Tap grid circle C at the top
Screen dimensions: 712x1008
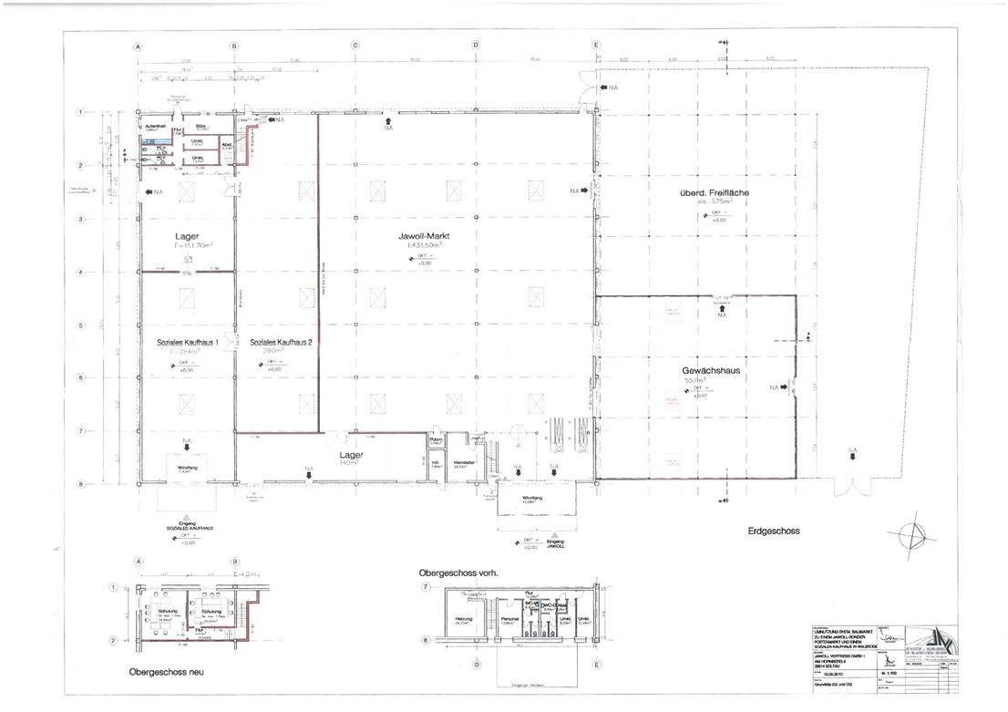pyautogui.click(x=355, y=46)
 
